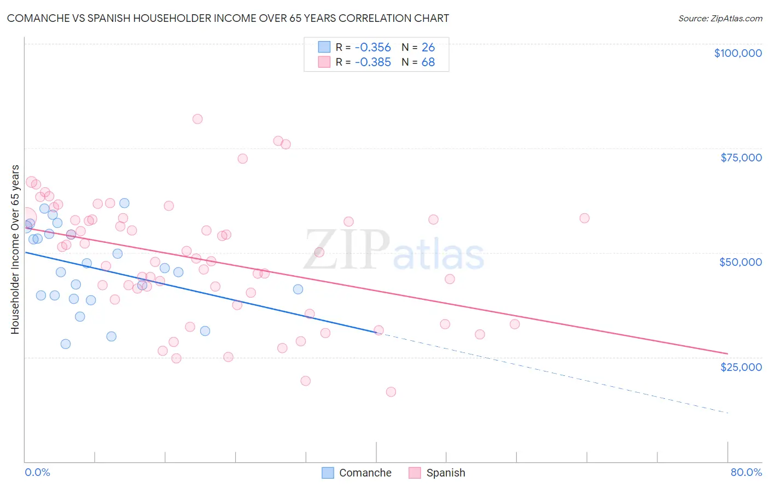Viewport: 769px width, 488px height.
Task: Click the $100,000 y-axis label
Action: pos(738,53)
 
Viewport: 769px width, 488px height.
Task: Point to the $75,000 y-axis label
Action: pos(741,158)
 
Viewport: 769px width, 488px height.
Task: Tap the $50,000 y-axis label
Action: pos(741,262)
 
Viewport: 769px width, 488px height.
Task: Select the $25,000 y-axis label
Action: pos(741,367)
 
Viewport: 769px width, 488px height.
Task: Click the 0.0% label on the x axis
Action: pos(37,472)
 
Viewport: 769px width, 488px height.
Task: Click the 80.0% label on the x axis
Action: pos(746,472)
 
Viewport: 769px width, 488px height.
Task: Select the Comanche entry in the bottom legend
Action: pos(365,473)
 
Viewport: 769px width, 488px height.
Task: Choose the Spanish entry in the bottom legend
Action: pos(445,473)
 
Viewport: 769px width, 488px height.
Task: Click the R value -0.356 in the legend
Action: pos(372,47)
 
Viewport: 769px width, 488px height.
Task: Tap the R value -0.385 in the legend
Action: pos(372,62)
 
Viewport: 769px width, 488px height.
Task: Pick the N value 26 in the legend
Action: pos(428,47)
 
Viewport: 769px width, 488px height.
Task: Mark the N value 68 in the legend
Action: pos(428,62)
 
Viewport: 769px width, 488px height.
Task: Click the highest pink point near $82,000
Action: pos(197,119)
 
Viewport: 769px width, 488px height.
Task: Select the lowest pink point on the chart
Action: pos(391,392)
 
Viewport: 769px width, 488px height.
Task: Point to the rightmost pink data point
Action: pos(584,218)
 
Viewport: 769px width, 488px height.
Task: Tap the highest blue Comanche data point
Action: pos(124,203)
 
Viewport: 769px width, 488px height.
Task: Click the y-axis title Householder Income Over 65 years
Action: pos(15,249)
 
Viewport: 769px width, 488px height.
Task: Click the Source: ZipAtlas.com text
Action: pos(720,19)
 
